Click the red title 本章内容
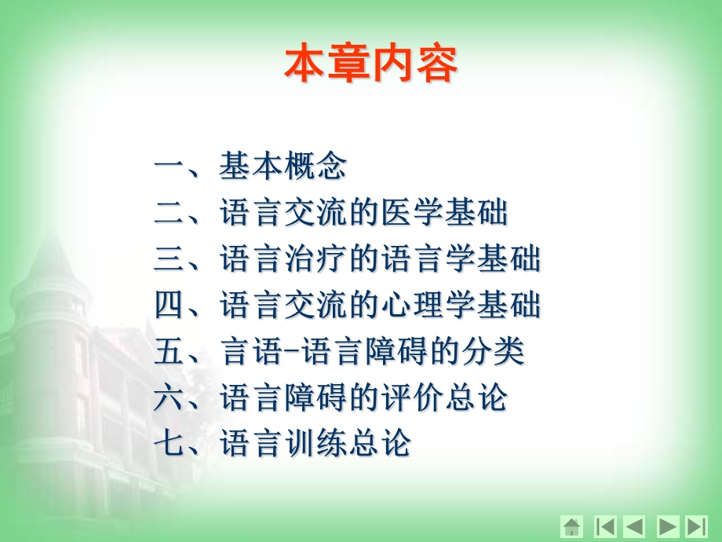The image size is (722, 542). [x=370, y=65]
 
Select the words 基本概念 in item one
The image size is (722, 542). [x=283, y=167]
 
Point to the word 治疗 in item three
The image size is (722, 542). [x=315, y=259]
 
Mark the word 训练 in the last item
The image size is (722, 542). [x=315, y=444]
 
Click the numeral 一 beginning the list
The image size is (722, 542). [x=169, y=167]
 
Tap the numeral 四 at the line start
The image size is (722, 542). [x=169, y=306]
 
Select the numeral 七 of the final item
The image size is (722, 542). [x=169, y=444]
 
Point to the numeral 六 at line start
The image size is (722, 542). [x=169, y=398]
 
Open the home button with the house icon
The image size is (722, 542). [x=572, y=527]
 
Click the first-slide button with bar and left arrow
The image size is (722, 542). [x=604, y=527]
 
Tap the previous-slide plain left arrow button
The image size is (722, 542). [x=634, y=527]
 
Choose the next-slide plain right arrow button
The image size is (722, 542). [x=667, y=527]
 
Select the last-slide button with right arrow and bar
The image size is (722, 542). [x=696, y=527]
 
